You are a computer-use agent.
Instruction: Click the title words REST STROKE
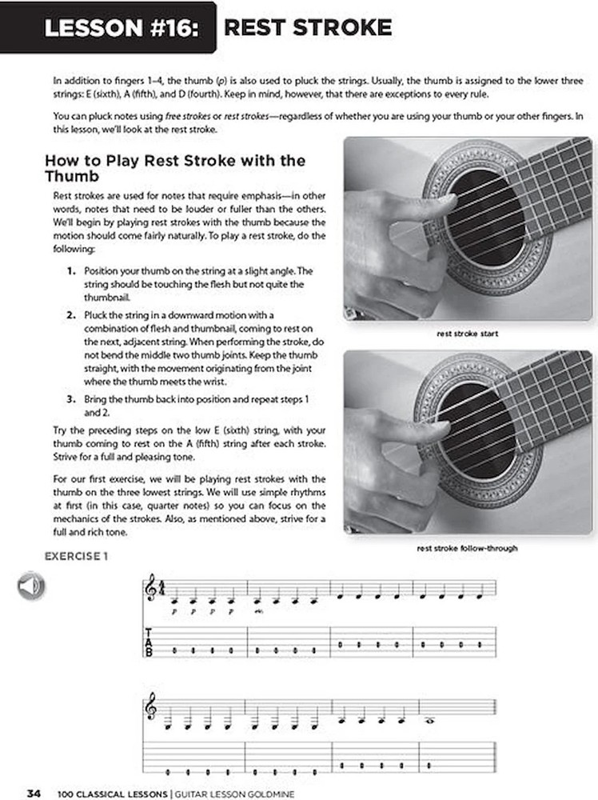tap(308, 29)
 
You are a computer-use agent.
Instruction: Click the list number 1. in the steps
tap(72, 271)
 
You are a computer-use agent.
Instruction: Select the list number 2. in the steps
tap(72, 315)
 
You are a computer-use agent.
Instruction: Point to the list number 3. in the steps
tap(72, 398)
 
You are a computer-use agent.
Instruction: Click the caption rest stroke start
tap(467, 333)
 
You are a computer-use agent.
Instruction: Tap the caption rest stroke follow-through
tap(467, 549)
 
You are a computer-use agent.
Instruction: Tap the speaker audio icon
tap(30, 589)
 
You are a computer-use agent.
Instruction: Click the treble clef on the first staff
tap(152, 592)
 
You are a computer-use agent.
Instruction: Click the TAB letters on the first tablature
tap(148, 642)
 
